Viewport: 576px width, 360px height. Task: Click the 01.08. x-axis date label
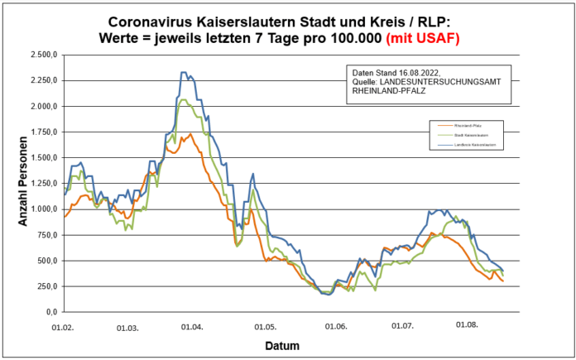(x=466, y=325)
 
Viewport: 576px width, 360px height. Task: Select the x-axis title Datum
(x=282, y=345)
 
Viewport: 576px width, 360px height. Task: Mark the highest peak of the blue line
(x=184, y=73)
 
